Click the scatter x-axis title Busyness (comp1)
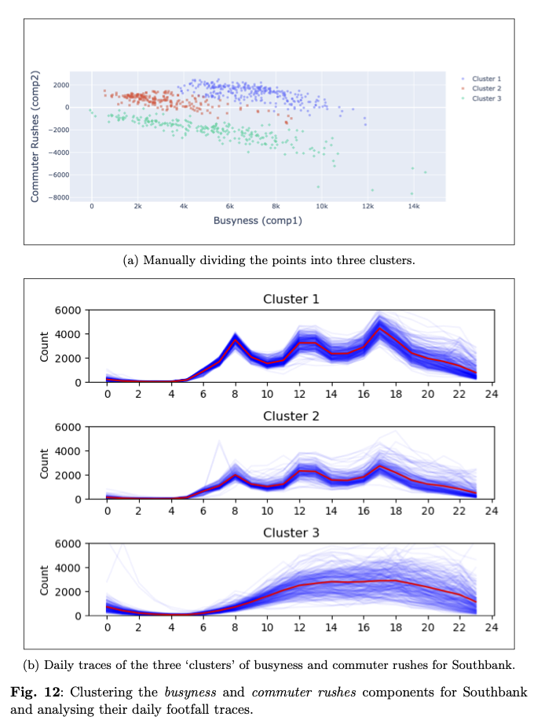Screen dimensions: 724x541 [x=258, y=221]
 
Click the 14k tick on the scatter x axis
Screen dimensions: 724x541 [x=413, y=207]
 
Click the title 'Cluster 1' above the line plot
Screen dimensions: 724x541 [x=291, y=299]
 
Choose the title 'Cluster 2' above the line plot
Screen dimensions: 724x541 [x=291, y=416]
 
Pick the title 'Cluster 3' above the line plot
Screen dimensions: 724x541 [x=291, y=532]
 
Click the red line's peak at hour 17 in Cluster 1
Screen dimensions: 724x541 [x=379, y=329]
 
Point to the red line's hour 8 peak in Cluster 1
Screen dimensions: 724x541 [x=236, y=342]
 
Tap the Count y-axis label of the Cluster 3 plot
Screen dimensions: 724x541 [x=45, y=579]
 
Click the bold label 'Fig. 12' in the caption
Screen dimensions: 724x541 [x=36, y=693]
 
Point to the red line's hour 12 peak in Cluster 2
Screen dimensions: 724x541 [x=299, y=470]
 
